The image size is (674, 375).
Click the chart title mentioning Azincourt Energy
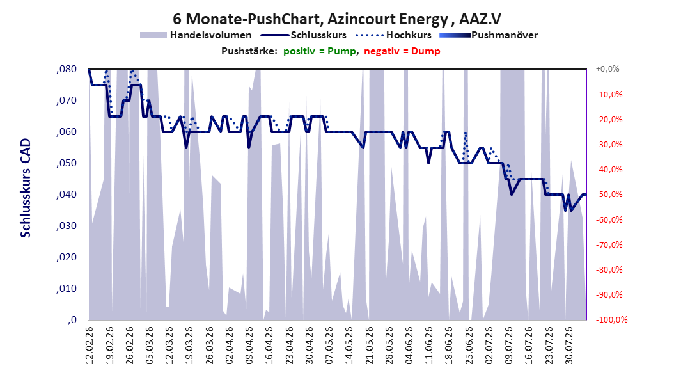tap(337, 19)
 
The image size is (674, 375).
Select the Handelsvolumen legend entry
tap(196, 35)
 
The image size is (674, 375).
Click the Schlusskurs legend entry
tap(304, 35)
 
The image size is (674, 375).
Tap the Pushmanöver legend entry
tap(489, 35)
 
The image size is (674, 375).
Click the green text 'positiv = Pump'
tap(320, 51)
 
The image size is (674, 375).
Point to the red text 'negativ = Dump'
tap(402, 51)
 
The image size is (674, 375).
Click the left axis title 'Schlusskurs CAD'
tap(26, 188)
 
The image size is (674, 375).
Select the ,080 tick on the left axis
tap(67, 69)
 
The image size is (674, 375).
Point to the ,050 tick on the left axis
tap(67, 163)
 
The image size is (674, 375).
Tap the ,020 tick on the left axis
tap(67, 257)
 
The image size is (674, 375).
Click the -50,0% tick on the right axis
tap(609, 195)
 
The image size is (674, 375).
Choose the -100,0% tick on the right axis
tap(611, 319)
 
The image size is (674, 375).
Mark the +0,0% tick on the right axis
tap(607, 69)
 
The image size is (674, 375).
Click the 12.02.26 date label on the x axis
tap(90, 346)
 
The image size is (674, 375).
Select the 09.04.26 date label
tap(249, 346)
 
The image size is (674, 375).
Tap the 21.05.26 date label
tap(369, 346)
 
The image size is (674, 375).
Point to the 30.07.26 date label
tap(568, 346)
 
